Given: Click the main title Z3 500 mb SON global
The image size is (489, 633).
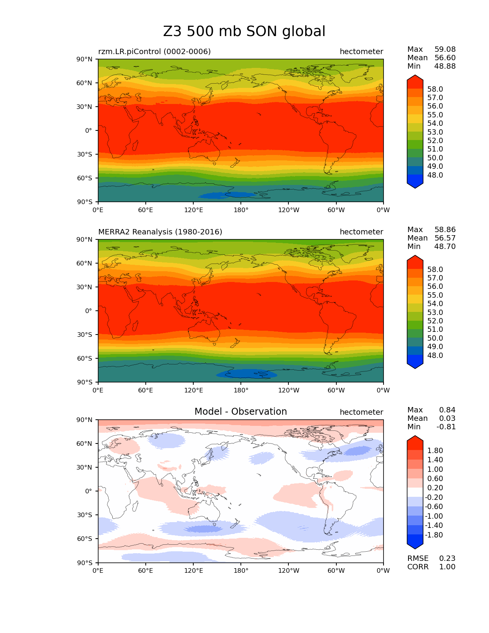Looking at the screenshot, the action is (244, 31).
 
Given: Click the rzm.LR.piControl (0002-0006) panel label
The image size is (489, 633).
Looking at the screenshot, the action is (154, 51).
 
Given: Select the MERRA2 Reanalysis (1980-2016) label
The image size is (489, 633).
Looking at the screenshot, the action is (160, 232).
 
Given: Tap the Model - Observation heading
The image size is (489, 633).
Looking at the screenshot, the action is (240, 411).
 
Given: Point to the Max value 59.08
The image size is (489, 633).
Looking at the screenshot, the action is (445, 49).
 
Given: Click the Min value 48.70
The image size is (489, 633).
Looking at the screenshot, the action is (445, 246).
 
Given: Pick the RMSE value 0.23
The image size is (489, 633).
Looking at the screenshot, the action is (447, 558).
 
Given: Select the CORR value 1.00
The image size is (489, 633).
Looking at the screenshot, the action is (447, 567).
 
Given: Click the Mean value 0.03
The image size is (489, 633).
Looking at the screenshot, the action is (447, 418).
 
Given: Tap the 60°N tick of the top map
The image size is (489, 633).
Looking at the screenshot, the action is (84, 83).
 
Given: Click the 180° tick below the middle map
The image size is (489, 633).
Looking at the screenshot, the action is (241, 390).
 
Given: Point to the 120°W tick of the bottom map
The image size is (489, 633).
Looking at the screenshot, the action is (289, 571).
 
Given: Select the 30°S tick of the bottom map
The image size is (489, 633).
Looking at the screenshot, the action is (84, 515).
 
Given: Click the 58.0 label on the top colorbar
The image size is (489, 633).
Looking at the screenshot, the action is (435, 89).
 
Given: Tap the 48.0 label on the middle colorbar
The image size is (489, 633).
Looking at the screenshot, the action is (435, 355).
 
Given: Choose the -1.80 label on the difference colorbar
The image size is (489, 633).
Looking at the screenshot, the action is (434, 535).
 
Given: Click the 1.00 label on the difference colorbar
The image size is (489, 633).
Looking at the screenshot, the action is (435, 469).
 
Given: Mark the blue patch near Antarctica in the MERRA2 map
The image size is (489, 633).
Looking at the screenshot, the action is (246, 374).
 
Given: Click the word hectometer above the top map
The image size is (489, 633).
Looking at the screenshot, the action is (361, 51).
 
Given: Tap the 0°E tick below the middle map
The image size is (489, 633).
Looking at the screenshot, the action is (98, 390).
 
